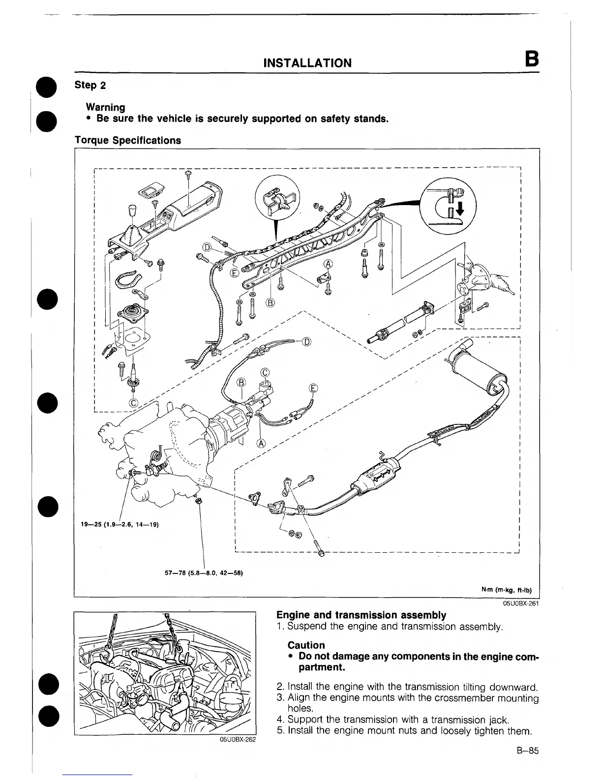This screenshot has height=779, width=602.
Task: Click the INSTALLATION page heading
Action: (307, 63)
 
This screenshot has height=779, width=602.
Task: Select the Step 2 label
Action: (90, 85)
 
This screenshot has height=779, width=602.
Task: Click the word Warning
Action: (105, 107)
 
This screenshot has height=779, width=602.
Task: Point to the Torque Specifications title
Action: (127, 140)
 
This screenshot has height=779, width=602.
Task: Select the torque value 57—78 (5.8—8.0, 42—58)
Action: (204, 573)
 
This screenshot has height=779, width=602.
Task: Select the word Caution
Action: (306, 645)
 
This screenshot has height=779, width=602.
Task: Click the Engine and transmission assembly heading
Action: (361, 615)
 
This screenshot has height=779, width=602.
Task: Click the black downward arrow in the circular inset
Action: (459, 210)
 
